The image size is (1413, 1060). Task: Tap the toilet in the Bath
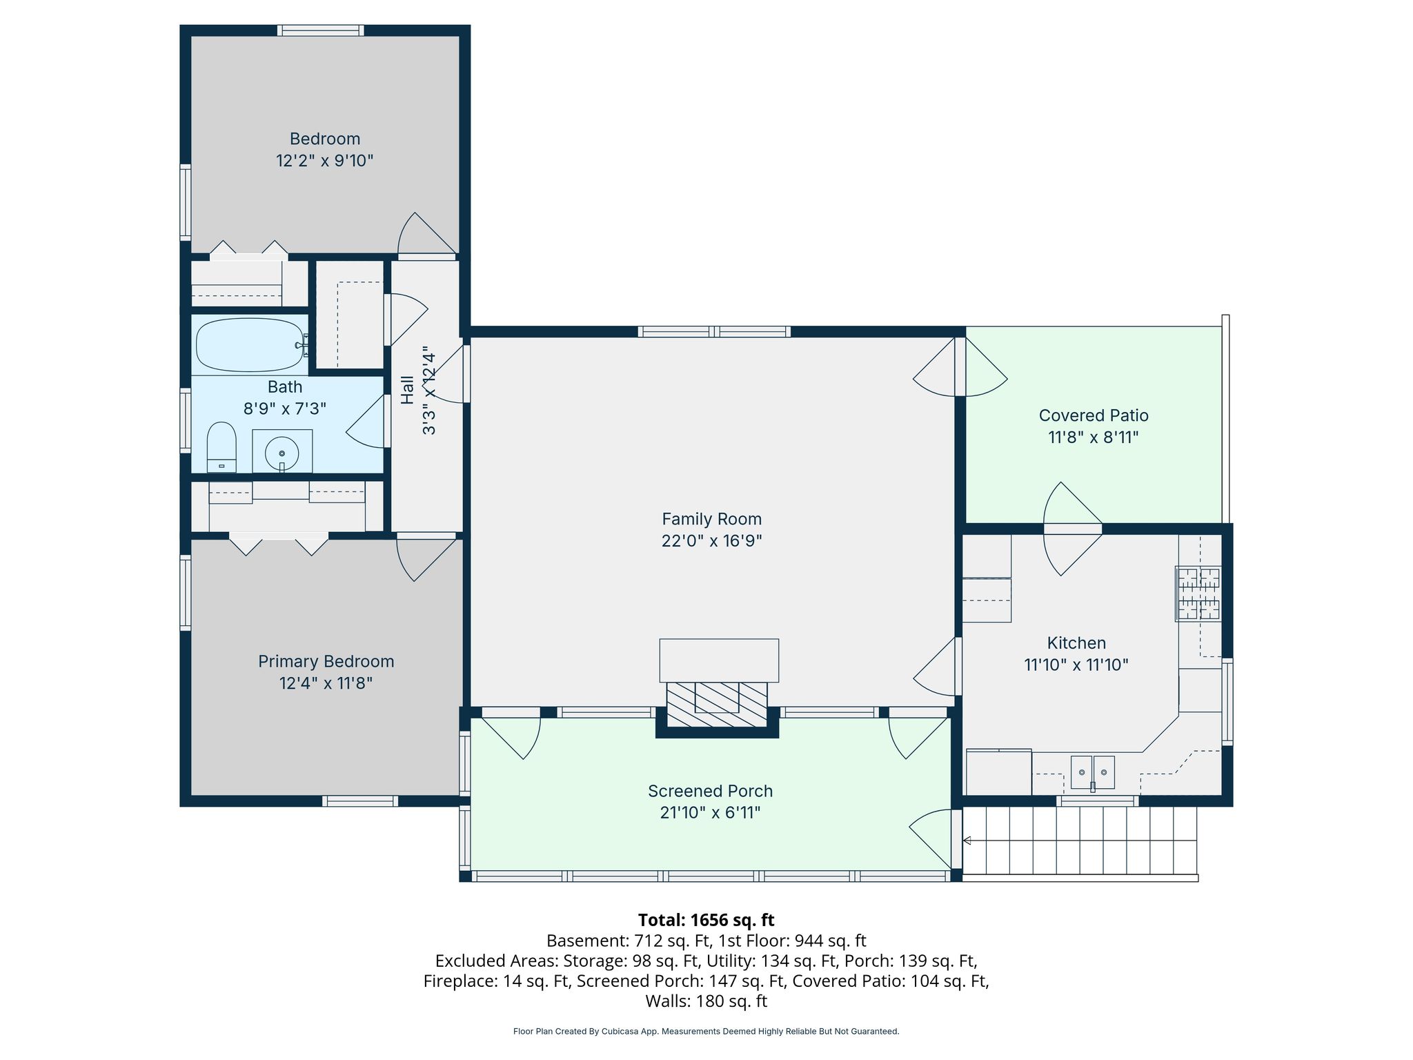coord(221,447)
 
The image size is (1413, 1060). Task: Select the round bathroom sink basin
coord(282,453)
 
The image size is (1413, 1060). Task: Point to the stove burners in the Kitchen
coord(1198,593)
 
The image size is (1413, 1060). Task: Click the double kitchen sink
coord(1093,772)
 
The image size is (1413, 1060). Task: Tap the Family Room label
coord(711,519)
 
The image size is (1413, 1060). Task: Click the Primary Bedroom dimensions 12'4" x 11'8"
coord(326,683)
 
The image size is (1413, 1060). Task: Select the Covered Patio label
coord(1094,415)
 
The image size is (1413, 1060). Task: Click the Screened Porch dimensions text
coord(710,813)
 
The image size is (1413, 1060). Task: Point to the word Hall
coord(407,390)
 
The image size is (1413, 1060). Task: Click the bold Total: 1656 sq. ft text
coord(706,920)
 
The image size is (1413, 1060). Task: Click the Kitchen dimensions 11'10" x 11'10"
coord(1076,665)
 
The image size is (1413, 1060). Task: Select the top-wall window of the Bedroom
coord(321,30)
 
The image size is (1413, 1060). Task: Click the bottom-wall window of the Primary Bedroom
coord(360,801)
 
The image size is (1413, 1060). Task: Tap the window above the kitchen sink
coord(1098,801)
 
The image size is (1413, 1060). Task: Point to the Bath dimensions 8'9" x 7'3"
coord(285,409)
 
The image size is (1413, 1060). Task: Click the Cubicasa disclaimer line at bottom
coord(706,1032)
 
